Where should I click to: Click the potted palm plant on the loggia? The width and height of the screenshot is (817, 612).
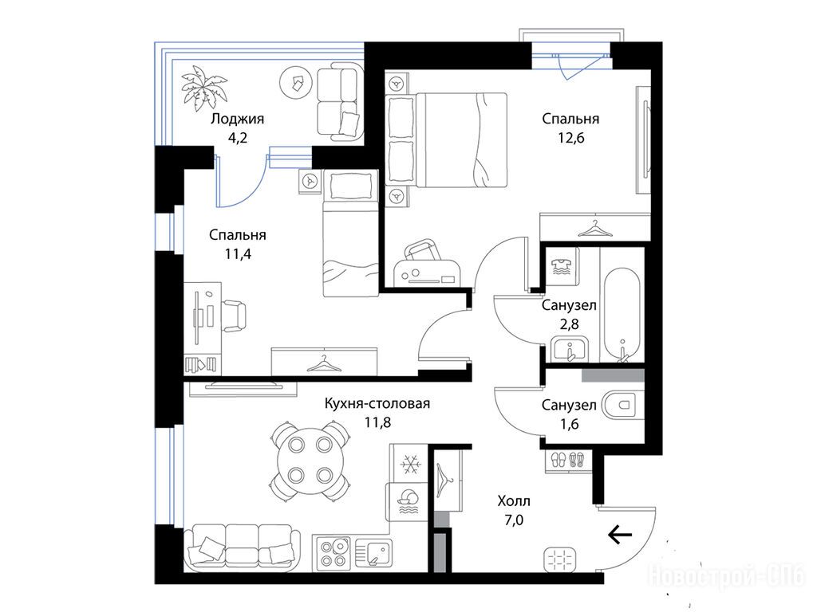point(204,88)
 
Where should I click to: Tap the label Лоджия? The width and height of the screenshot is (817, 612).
point(237,119)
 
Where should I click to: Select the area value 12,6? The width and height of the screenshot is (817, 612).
point(570,139)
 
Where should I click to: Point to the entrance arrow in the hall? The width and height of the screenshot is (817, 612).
point(620,534)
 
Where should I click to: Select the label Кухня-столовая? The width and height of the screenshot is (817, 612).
point(377,403)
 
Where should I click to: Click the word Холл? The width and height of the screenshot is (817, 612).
point(514,501)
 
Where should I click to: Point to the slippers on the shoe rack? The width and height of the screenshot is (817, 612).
point(567,460)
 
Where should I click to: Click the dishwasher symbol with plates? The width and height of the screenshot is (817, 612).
point(407,501)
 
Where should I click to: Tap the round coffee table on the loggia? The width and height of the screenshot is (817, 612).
point(297,82)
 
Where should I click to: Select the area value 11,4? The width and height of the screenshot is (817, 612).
point(237,254)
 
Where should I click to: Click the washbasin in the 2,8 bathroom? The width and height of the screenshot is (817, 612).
point(570,349)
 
